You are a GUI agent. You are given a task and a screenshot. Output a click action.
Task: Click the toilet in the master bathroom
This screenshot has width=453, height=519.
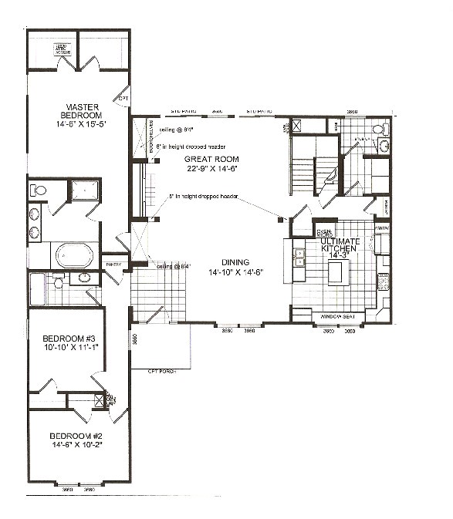38,190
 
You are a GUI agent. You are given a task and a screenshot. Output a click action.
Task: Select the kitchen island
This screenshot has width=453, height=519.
338,272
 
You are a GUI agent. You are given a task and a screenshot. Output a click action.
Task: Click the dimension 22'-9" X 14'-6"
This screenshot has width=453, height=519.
206,168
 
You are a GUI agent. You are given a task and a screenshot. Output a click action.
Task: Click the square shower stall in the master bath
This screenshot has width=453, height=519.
84,190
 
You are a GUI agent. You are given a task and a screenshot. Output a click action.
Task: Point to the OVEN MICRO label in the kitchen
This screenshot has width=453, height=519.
324,232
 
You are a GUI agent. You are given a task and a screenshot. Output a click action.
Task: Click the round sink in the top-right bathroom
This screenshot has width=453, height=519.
384,145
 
